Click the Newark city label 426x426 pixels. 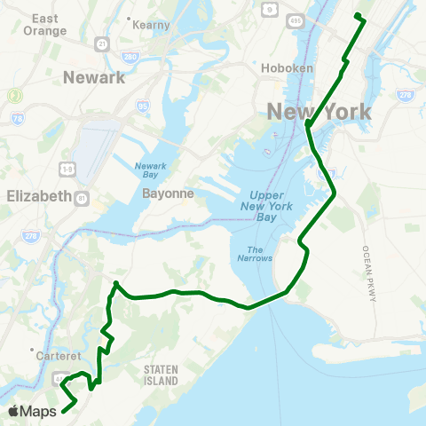point(93,78)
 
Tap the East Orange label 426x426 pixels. point(49,24)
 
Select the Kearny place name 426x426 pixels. point(151,25)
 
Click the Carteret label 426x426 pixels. point(60,355)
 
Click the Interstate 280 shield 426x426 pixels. point(130,58)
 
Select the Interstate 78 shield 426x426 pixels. point(17,116)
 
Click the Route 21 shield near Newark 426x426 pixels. point(104,43)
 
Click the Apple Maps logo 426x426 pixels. point(32,411)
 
